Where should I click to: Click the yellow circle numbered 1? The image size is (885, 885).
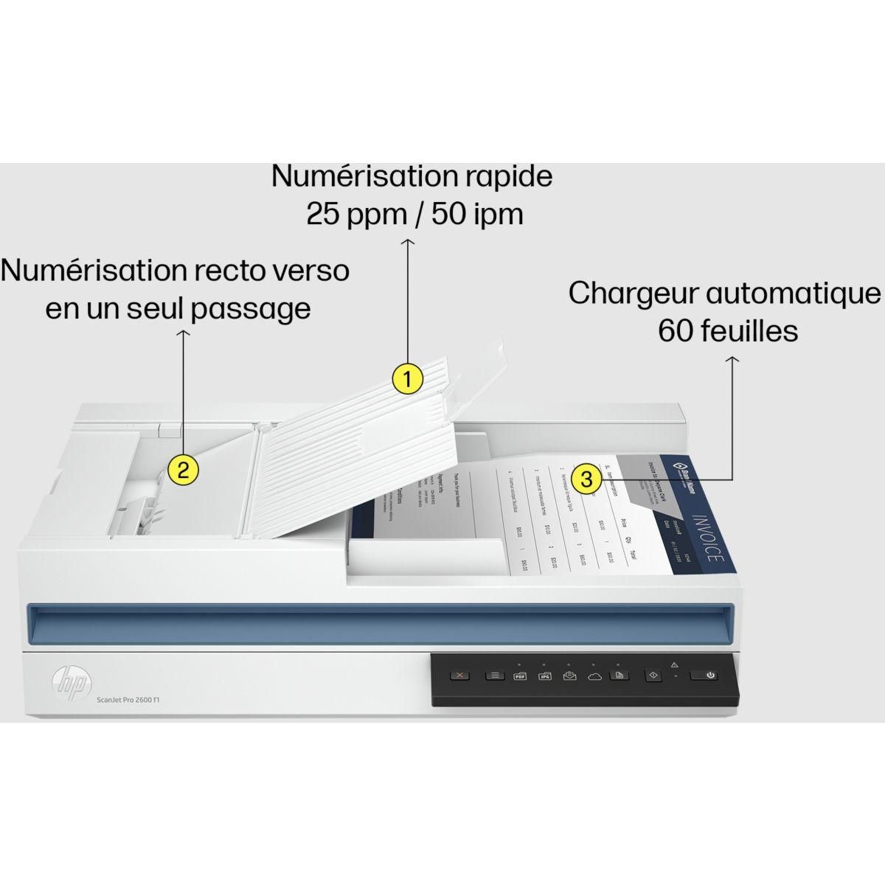(x=407, y=379)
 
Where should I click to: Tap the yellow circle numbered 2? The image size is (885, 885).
(x=183, y=469)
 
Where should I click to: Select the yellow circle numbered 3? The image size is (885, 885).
(x=586, y=479)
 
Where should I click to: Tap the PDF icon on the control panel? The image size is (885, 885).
(x=519, y=675)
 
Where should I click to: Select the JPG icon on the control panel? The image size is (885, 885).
(x=545, y=675)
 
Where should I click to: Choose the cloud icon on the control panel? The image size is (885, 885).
(x=594, y=675)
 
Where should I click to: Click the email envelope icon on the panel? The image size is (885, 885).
(x=569, y=675)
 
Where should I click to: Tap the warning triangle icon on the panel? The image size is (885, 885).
(x=674, y=664)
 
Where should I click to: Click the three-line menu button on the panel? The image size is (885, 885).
(x=494, y=675)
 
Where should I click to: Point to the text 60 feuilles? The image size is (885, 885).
(x=728, y=330)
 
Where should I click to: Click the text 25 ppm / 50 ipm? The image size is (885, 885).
(x=414, y=214)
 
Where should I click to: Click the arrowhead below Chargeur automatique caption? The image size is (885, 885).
(x=732, y=360)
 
